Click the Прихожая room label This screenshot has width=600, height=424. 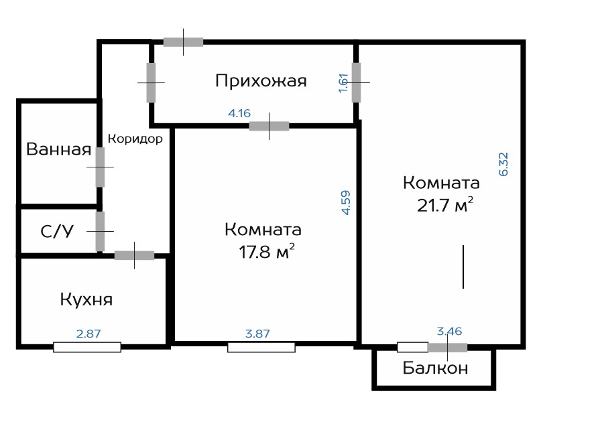(261, 81)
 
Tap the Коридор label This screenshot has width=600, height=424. (135, 139)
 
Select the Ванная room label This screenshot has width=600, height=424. (58, 149)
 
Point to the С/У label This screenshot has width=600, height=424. (57, 231)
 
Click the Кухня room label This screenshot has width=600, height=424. (86, 299)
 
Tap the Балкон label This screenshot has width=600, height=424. (436, 368)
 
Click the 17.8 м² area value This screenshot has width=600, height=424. (267, 252)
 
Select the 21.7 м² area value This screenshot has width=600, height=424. (444, 206)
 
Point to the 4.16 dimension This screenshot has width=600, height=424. (239, 113)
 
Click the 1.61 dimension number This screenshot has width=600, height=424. (343, 83)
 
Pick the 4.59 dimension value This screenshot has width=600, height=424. (345, 203)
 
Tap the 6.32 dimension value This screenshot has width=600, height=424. (503, 164)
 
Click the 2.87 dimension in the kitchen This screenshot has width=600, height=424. (88, 334)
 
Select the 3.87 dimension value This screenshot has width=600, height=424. (257, 334)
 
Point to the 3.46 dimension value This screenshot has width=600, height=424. (450, 331)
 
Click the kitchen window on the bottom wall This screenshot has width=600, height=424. (87, 347)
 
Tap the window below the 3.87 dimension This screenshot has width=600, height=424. (261, 347)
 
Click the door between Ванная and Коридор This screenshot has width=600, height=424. (100, 167)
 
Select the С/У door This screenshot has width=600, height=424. (100, 231)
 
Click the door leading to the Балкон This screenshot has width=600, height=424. (447, 348)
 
